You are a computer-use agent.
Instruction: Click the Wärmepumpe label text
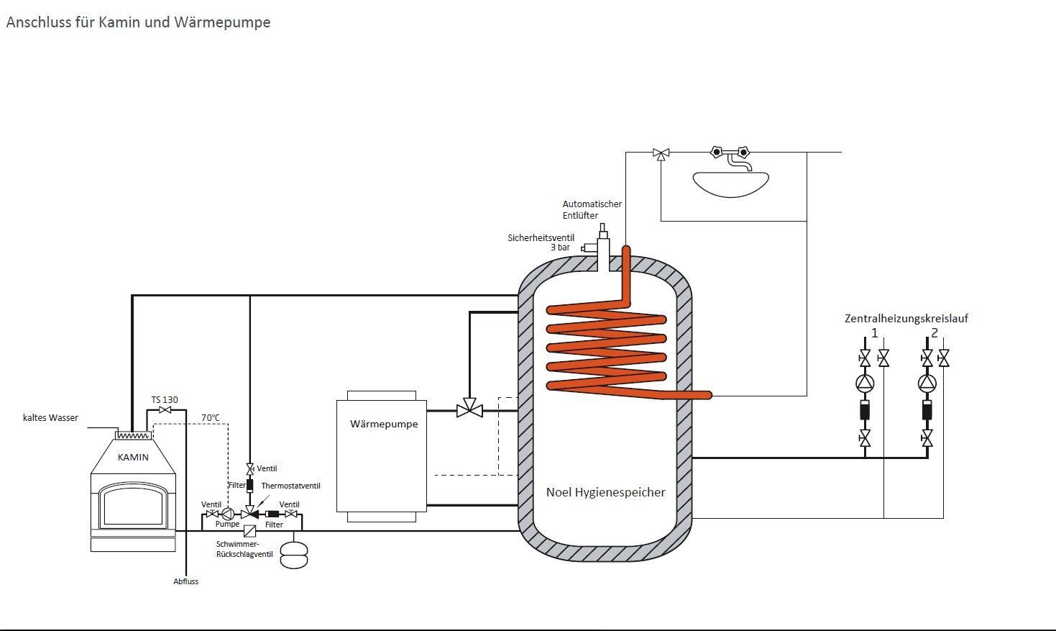(384, 424)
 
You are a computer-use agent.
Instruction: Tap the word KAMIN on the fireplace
(133, 457)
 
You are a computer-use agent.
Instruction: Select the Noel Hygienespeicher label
(605, 492)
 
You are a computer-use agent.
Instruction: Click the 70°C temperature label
(211, 417)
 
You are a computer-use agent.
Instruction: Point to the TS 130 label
(165, 400)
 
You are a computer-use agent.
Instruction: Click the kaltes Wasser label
(50, 417)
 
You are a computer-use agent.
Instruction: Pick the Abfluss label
(185, 581)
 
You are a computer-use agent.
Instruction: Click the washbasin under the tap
(730, 183)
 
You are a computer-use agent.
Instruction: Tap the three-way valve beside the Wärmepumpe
(470, 411)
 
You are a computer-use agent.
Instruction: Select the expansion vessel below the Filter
(293, 554)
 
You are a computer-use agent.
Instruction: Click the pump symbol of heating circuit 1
(865, 383)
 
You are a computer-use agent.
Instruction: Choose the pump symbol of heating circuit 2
(927, 383)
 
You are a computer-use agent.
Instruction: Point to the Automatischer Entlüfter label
(592, 209)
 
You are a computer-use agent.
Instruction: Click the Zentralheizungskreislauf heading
(906, 318)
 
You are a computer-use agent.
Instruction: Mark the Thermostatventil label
(290, 486)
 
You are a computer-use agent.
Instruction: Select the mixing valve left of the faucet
(661, 153)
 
